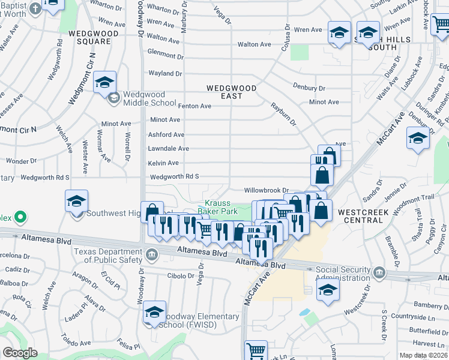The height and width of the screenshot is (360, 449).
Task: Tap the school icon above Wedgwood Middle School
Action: click(105, 83)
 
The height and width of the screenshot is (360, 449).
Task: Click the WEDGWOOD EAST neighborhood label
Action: click(232, 92)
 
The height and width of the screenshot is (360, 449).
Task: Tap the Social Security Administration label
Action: click(343, 274)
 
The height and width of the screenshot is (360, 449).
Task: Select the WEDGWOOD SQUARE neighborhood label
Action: click(89, 37)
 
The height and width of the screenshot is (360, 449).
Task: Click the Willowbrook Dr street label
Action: click(267, 190)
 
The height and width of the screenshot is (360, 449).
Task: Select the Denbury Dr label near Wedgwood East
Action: click(309, 87)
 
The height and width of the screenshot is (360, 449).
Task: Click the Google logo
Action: click(20, 353)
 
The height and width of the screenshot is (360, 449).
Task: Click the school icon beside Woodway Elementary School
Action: click(154, 312)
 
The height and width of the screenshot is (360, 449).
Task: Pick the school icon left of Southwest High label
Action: click(76, 201)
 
